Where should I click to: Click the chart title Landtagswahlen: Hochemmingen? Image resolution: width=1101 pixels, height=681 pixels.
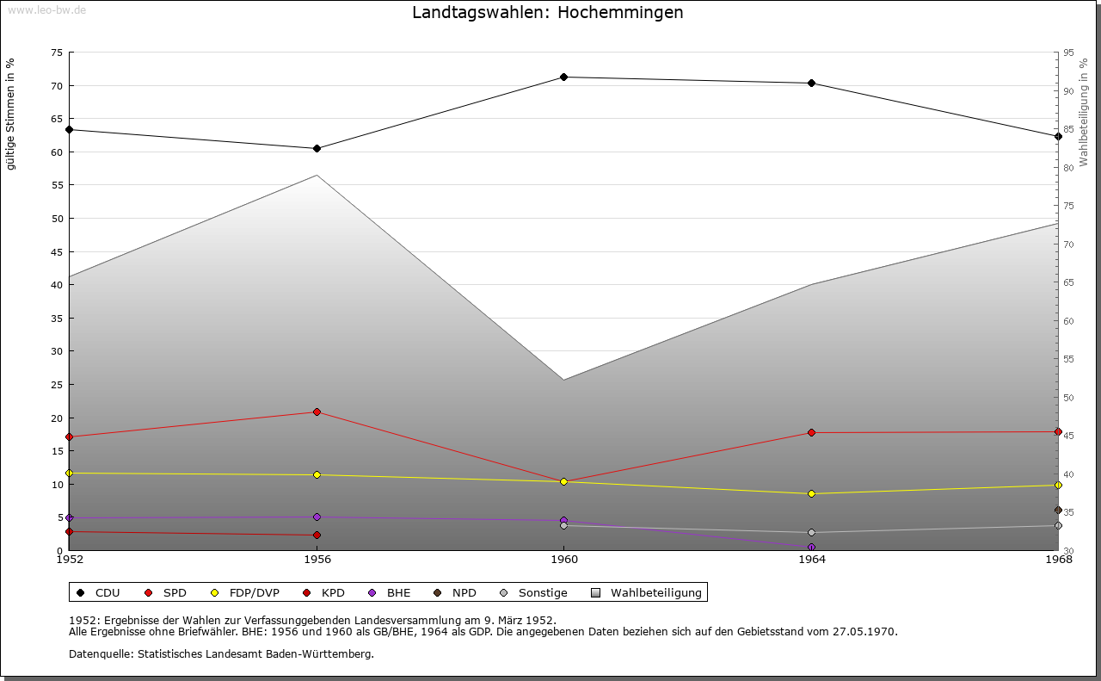click(548, 13)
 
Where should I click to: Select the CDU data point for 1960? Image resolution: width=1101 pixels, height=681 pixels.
click(564, 77)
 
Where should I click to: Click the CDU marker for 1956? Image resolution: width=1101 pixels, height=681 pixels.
click(317, 149)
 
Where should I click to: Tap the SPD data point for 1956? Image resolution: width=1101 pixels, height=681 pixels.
click(317, 412)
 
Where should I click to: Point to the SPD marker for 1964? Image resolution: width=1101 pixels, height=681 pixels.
click(812, 433)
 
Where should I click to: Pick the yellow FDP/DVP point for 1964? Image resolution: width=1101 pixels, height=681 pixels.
click(812, 494)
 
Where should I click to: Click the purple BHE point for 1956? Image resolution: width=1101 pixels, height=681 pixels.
click(317, 517)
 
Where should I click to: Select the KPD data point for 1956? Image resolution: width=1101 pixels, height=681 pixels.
click(317, 536)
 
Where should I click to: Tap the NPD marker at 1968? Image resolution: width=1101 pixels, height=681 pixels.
click(1058, 511)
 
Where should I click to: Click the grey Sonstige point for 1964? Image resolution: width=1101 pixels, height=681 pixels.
click(812, 533)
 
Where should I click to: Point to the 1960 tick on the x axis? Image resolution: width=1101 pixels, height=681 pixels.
click(564, 560)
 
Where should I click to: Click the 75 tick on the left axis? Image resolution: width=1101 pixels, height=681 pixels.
click(56, 53)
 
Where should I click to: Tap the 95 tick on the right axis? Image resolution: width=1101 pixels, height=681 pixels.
click(1068, 53)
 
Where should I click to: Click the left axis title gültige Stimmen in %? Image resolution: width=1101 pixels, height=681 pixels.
click(10, 114)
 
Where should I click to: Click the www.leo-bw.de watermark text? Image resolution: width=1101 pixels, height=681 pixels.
click(46, 9)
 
